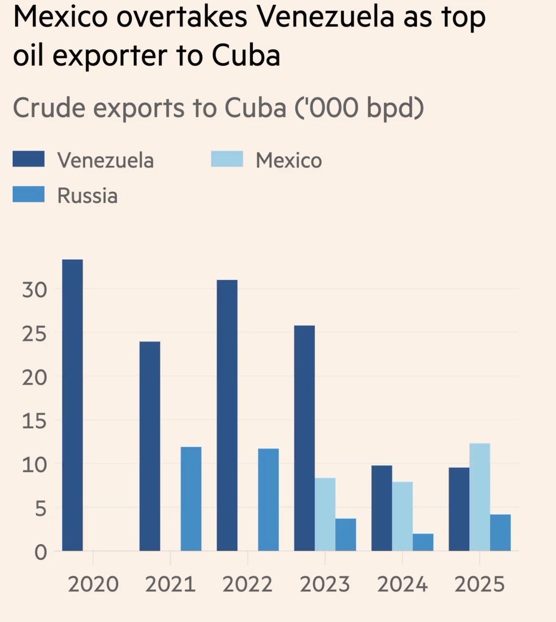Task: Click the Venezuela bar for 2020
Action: tap(72, 405)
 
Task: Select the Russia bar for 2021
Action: tap(191, 499)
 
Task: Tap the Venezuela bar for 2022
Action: tap(227, 415)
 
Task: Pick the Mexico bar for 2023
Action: tap(325, 514)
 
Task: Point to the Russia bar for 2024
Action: tap(423, 542)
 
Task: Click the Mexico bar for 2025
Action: tap(480, 497)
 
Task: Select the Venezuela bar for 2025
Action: tap(459, 509)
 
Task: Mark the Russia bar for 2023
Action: tap(346, 534)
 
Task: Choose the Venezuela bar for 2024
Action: tap(382, 508)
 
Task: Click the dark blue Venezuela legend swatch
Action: tap(29, 160)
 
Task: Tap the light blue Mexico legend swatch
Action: tap(227, 160)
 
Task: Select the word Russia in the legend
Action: tap(87, 196)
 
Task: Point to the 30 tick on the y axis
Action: tap(35, 289)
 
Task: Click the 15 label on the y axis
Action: tap(35, 420)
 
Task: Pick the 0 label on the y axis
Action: tap(40, 552)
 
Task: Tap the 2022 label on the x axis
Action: tap(248, 584)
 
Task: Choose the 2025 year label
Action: tap(480, 584)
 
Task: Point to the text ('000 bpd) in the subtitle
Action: tap(359, 108)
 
